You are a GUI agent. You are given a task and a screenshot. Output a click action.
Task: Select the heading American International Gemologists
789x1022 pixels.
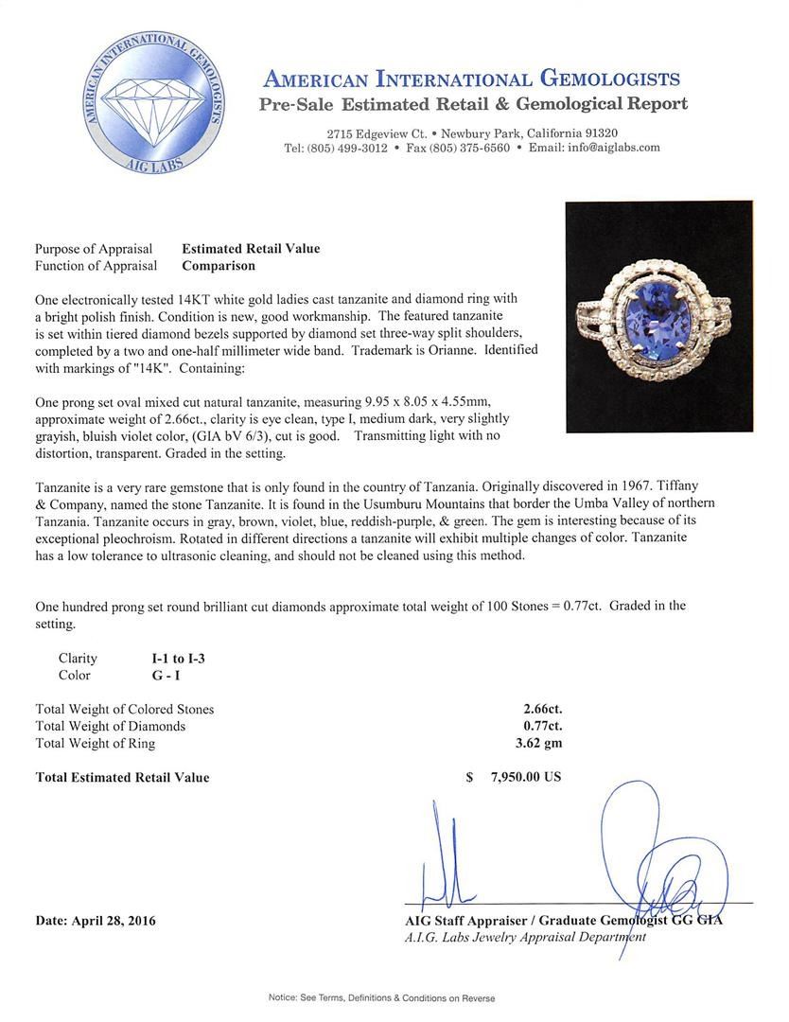471,79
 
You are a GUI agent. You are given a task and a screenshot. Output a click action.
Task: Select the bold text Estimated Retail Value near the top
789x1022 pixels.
251,249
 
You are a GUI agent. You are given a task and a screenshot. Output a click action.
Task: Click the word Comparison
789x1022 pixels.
219,267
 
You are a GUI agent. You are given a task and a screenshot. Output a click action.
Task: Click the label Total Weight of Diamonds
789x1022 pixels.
110,727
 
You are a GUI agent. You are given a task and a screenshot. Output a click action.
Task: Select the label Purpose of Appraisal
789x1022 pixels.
94,249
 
